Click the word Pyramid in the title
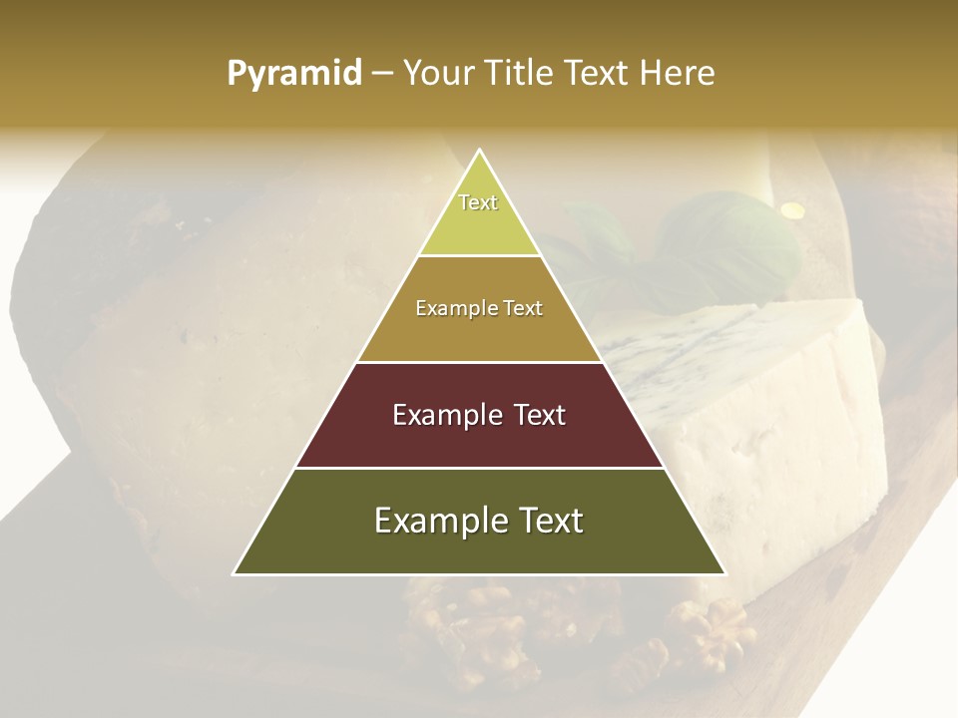294,74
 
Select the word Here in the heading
678,73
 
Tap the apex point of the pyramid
479,151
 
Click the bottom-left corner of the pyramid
235,572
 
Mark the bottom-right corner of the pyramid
724,572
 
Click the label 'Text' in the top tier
478,202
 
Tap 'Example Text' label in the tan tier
479,308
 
